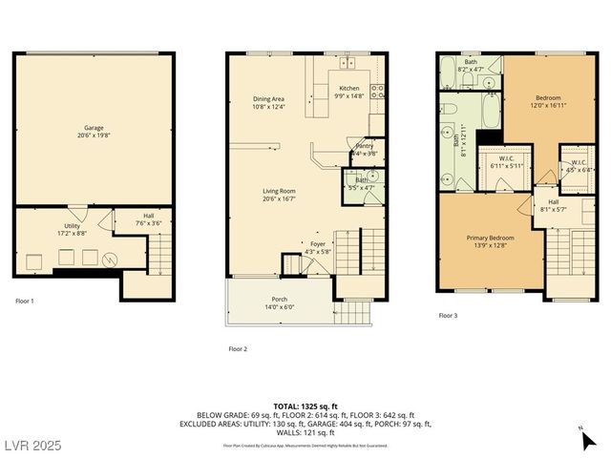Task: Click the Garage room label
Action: coord(94,128)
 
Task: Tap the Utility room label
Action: coord(73,226)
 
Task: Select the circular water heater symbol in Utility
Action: coord(109,258)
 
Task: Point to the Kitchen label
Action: coord(349,89)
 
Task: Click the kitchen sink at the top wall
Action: coord(347,65)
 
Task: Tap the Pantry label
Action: coord(365,146)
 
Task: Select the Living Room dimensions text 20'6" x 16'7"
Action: coord(280,198)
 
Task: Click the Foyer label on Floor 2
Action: coord(318,244)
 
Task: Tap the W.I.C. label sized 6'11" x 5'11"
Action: coord(506,159)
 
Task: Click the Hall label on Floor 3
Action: coord(554,202)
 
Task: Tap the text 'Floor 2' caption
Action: coord(238,349)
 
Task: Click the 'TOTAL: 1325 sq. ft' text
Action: coord(305,407)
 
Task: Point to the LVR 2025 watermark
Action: coord(32,445)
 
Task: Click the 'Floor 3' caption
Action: coord(448,315)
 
